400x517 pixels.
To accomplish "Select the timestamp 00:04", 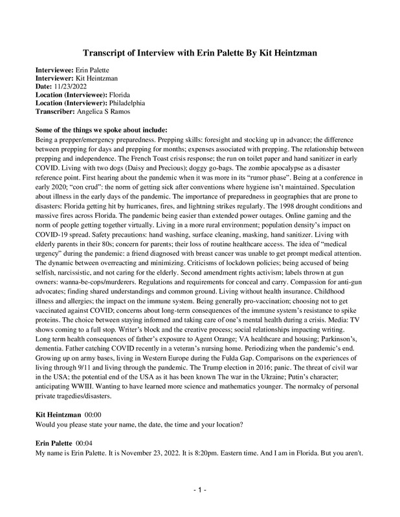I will pyautogui.click(x=85, y=444).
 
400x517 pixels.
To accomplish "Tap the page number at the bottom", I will pyautogui.click(x=199, y=491).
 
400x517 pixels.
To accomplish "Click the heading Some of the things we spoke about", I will pyautogui.click(x=93, y=129).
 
